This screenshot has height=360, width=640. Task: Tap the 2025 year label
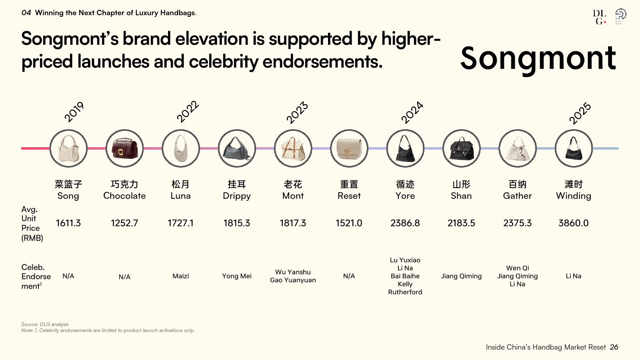click(580, 113)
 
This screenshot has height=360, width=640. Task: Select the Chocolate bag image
click(124, 148)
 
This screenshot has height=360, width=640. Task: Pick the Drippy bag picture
click(237, 148)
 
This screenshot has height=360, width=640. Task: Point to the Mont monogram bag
click(293, 148)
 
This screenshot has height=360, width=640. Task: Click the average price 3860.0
click(574, 223)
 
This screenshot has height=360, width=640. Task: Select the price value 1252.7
click(124, 223)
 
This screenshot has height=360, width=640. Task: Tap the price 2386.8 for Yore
click(405, 223)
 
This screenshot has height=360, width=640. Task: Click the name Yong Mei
click(237, 276)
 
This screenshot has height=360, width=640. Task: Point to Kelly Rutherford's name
click(405, 288)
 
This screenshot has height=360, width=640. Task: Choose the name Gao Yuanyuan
click(293, 280)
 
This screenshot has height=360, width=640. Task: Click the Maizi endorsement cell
click(180, 276)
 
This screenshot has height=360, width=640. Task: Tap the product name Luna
click(180, 196)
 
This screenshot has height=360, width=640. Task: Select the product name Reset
click(349, 196)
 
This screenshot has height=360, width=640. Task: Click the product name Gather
click(518, 196)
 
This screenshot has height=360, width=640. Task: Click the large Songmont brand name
click(538, 58)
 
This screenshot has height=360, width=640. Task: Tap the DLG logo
click(600, 17)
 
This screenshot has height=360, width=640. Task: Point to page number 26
click(614, 347)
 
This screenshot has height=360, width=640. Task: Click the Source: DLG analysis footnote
click(45, 324)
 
